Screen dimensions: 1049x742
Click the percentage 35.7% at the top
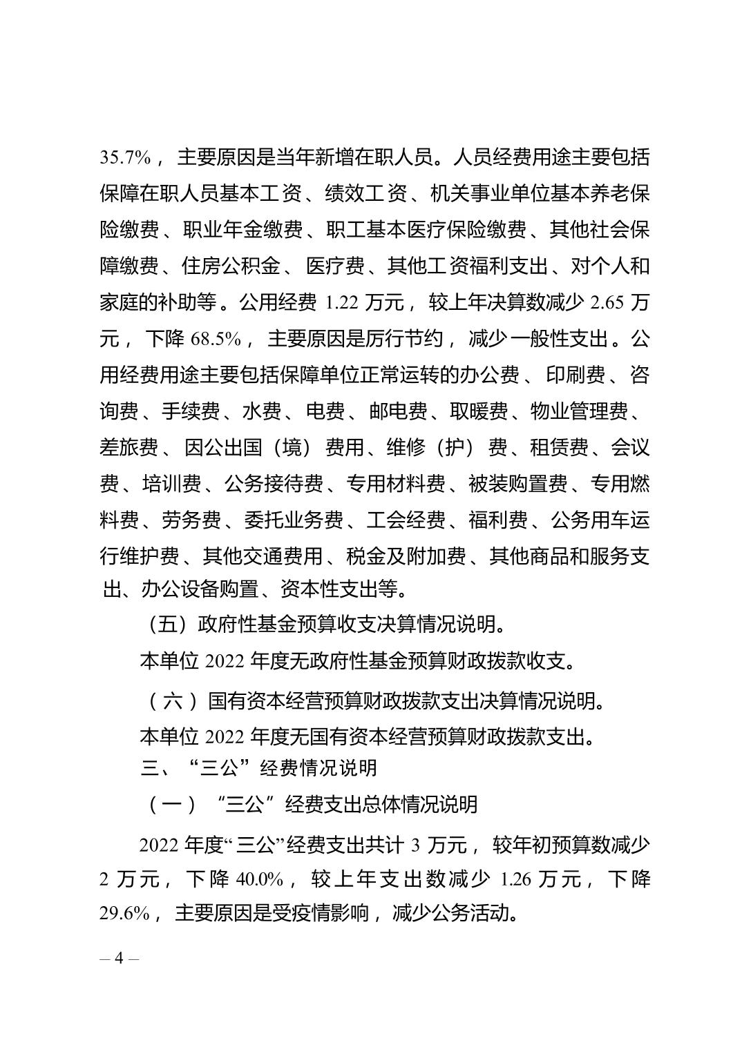click(125, 158)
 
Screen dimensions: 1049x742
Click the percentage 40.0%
click(258, 880)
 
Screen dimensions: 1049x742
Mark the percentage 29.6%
click(125, 914)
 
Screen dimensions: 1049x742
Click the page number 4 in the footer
click(119, 959)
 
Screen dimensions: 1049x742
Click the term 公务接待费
click(274, 484)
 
